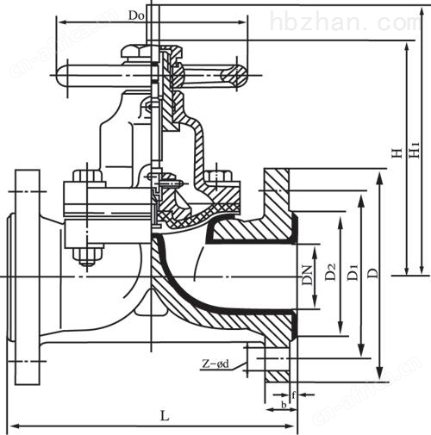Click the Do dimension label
pos(136,16)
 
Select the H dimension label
pos(397,153)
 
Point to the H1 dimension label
pos(414,150)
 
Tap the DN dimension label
pos(307,276)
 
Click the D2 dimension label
pos(330,271)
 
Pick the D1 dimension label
pos(353,271)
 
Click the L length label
pos(165,416)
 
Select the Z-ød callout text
pos(215,364)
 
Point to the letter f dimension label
pos(293,395)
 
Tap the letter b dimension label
pos(284,405)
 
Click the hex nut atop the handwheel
pos(135,51)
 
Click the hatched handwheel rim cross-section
pos(234,76)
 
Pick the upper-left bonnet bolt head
pos(88,176)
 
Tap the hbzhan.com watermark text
pos(346,22)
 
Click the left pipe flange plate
pos(28,277)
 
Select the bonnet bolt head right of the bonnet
pos(219,176)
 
